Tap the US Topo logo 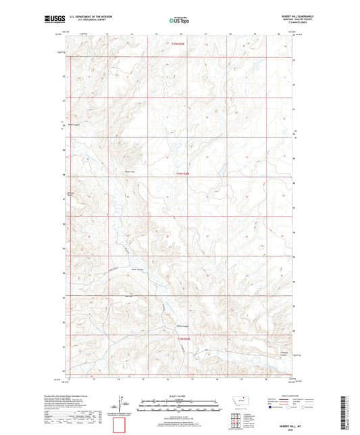pyautogui.click(x=178, y=21)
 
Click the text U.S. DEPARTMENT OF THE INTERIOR pyautogui.click(x=92, y=17)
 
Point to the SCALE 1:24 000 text pyautogui.click(x=179, y=396)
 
